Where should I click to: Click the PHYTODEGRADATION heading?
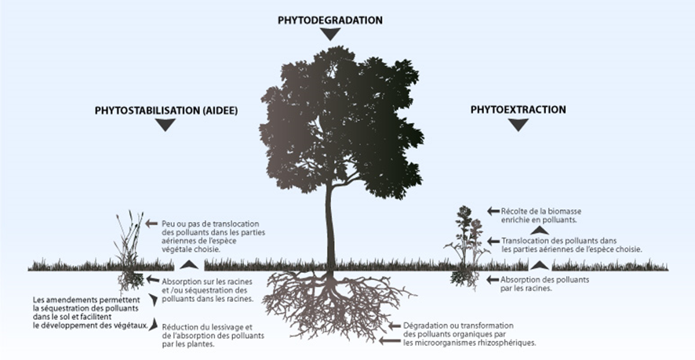329,20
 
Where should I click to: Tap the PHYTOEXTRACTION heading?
518,110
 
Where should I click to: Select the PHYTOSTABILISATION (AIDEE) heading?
166,111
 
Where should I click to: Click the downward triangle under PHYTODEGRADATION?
330,34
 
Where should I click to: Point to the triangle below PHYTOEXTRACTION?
518,125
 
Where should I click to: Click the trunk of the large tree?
330,227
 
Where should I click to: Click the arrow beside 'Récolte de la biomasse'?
493,211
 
